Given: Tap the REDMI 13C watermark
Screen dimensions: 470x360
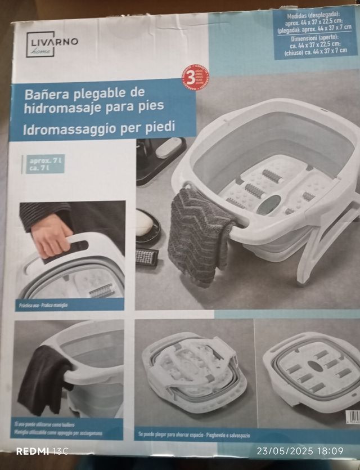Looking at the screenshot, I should [x=42, y=451].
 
